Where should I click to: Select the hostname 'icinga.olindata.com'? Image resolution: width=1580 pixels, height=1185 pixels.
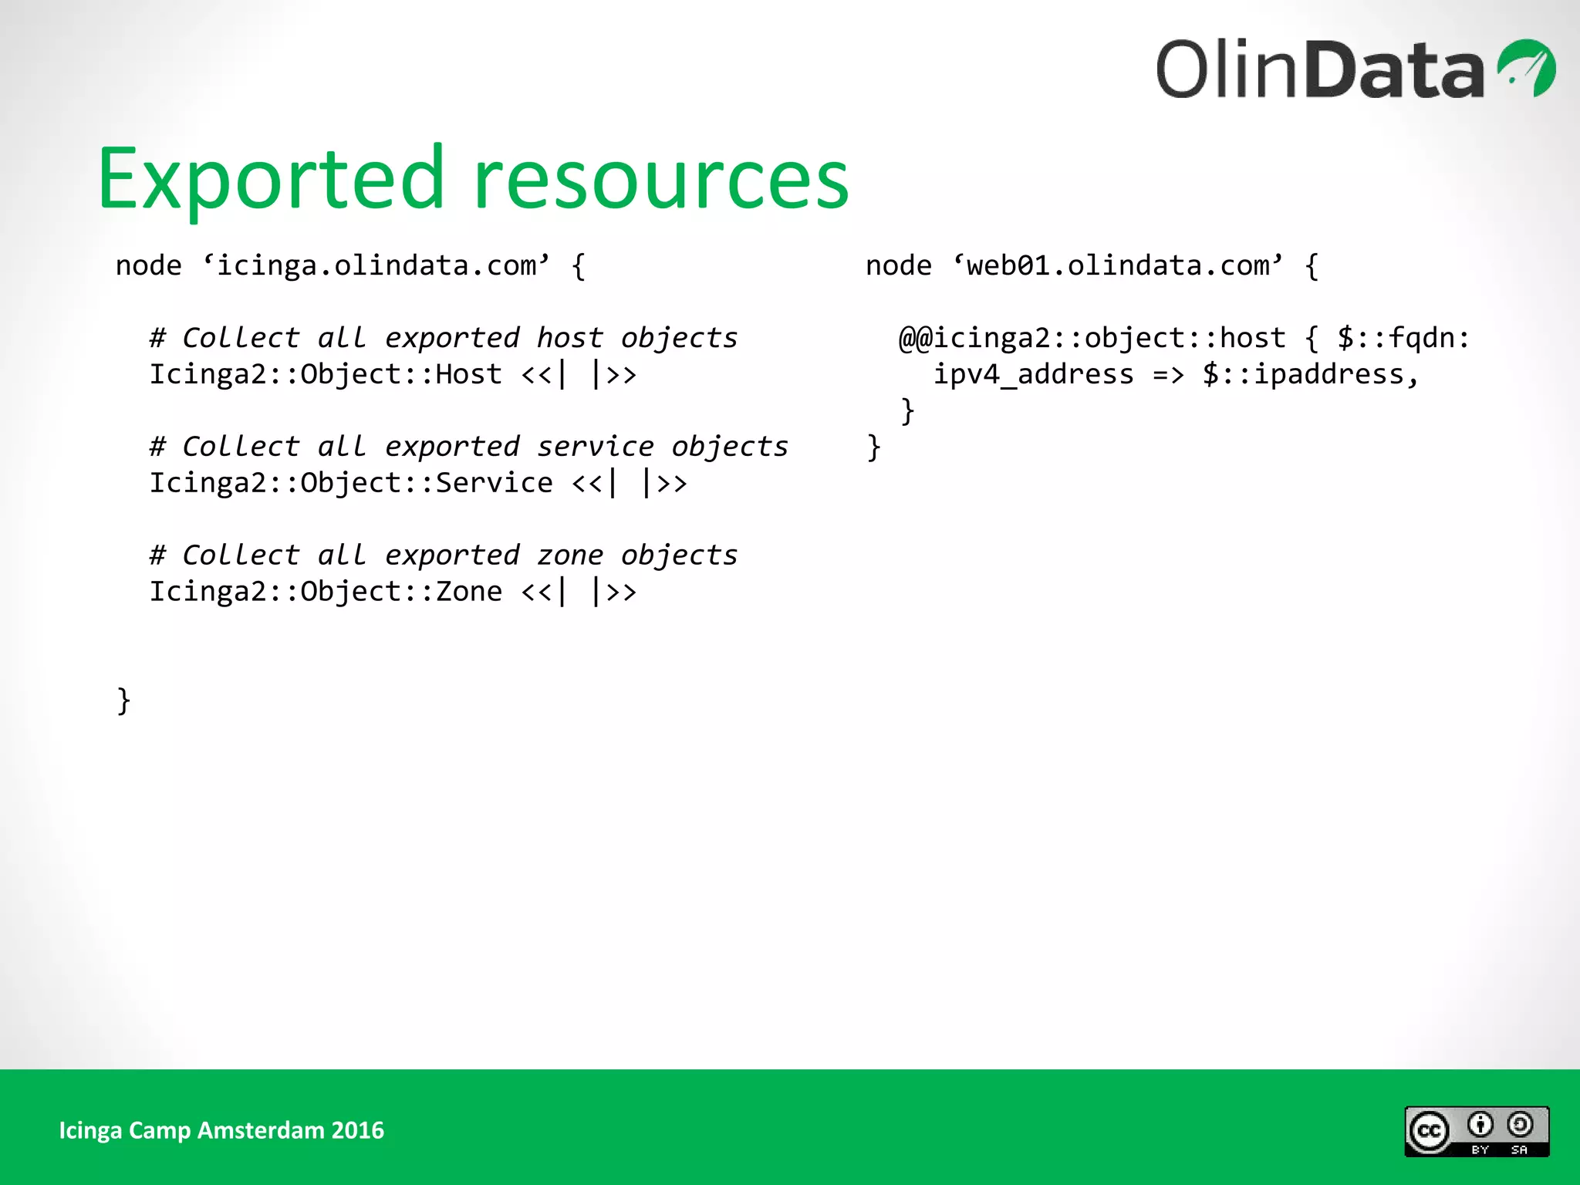(x=376, y=265)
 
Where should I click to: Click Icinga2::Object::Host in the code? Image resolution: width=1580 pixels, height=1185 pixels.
(x=325, y=374)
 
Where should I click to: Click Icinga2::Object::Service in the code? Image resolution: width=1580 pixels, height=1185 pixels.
(x=350, y=483)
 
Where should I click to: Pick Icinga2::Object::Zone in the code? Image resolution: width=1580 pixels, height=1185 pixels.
(x=325, y=592)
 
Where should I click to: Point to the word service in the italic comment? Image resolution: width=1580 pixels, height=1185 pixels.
(x=595, y=447)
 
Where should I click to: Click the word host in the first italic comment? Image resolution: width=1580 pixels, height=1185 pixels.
(x=569, y=338)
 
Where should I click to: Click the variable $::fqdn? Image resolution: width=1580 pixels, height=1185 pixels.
(x=1403, y=338)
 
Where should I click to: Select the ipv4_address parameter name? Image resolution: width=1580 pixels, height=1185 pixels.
(x=1033, y=374)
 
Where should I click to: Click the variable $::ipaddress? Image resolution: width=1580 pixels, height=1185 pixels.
(x=1310, y=374)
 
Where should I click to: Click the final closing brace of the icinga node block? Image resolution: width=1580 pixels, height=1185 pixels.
(x=123, y=701)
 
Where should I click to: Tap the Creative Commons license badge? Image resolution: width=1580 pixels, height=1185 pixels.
(x=1476, y=1131)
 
